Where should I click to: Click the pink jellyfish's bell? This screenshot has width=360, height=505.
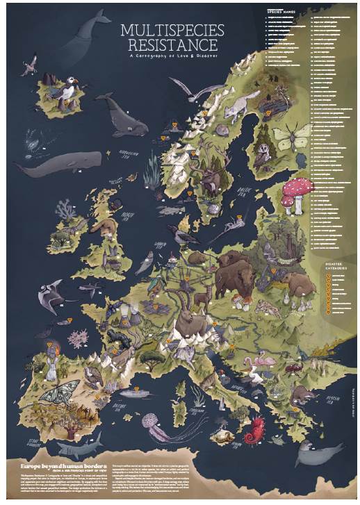coord(152,421)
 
